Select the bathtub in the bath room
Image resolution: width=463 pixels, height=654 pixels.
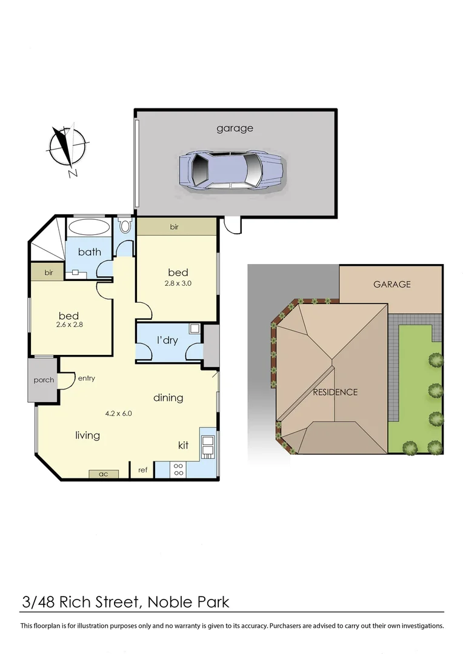point(88,228)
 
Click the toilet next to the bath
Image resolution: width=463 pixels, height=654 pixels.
point(125,226)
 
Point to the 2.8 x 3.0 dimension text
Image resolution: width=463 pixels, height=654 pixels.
point(178,283)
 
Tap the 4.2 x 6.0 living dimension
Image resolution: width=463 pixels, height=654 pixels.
point(118,414)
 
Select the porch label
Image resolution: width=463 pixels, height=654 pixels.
point(43,380)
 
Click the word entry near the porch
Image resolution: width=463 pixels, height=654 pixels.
point(86,378)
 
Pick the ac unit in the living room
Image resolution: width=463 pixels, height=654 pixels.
point(104,474)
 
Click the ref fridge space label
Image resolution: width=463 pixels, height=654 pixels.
point(143,470)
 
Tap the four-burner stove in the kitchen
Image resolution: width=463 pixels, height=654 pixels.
point(179,469)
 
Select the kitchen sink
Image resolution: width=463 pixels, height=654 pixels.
point(208,445)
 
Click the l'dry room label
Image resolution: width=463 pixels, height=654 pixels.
point(167,340)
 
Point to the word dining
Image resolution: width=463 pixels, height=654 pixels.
point(168,398)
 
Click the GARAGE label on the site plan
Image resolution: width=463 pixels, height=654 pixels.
point(391,284)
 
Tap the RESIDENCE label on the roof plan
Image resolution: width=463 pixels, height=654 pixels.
point(335,392)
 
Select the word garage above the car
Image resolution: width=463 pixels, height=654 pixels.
point(235,128)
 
